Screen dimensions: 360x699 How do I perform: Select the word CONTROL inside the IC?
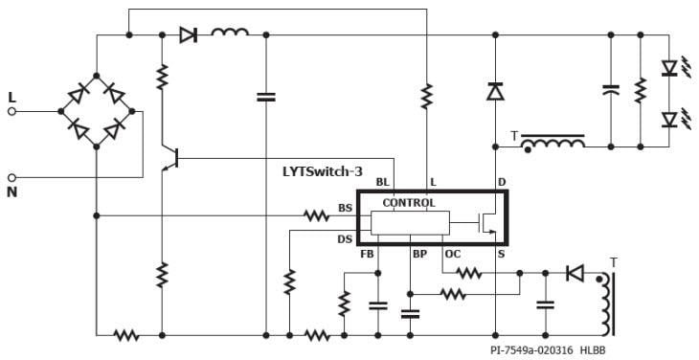pos(409,203)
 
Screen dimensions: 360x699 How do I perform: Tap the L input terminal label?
pos(11,97)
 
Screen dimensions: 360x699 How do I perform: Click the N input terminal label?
pos(11,191)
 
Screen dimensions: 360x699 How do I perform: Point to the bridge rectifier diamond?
pos(97,110)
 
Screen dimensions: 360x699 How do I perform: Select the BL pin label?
pos(382,182)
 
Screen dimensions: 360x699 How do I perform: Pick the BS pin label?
pos(345,208)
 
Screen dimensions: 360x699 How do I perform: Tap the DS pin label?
pos(345,238)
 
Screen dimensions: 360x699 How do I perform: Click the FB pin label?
pos(367,255)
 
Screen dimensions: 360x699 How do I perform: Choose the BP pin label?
pos(419,255)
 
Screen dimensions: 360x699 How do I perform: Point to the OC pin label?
pos(453,255)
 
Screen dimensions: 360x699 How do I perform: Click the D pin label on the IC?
pos(501,182)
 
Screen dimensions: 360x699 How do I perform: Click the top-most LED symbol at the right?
pos(670,68)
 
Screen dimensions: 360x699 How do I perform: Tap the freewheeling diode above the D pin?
pos(495,92)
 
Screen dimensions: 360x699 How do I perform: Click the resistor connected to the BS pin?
pos(317,215)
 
